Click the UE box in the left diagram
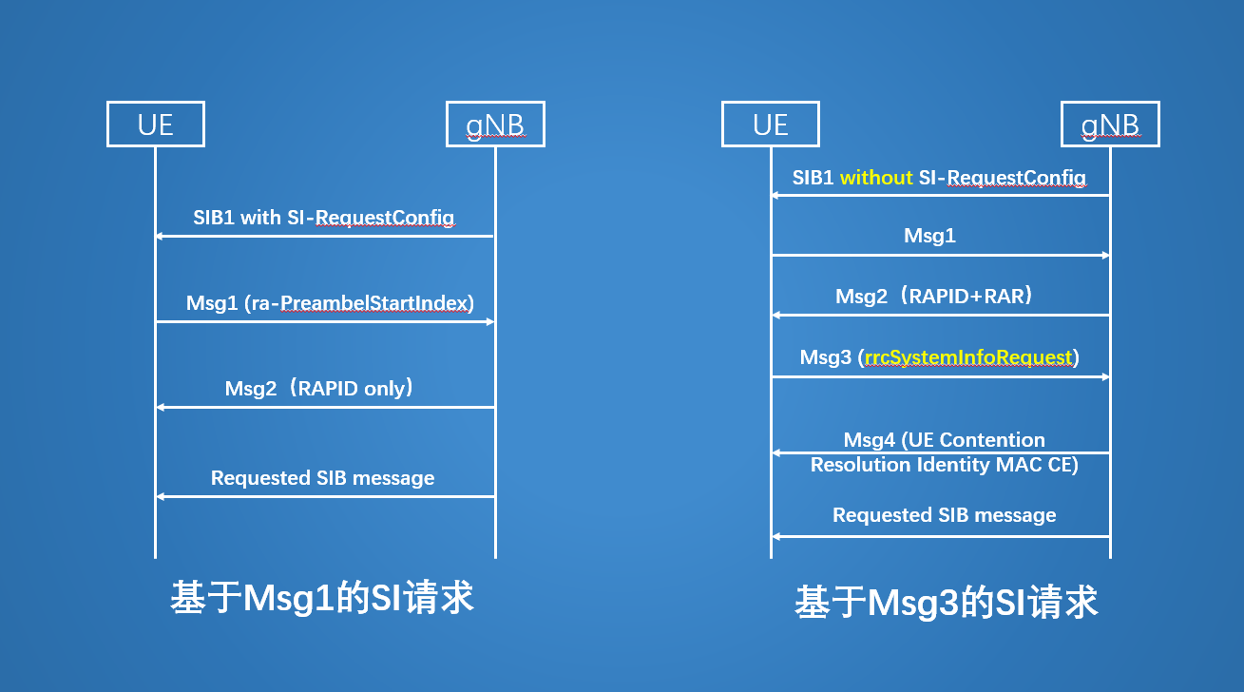[x=156, y=125]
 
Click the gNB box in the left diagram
[x=495, y=125]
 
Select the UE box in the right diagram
[x=770, y=125]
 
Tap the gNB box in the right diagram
[x=1110, y=125]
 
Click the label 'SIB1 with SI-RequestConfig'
[x=323, y=218]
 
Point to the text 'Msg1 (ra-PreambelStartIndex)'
[x=330, y=303]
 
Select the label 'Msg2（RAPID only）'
[x=319, y=388]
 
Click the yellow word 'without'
[x=876, y=178]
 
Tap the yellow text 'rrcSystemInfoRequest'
[x=968, y=357]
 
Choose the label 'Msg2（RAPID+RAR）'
[x=934, y=296]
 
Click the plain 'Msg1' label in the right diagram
[x=929, y=237]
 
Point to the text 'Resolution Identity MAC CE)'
[x=944, y=465]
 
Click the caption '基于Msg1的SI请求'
[x=322, y=598]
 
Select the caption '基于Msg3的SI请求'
[x=946, y=603]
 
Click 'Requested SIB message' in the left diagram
[x=322, y=478]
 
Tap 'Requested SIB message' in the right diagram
[x=944, y=515]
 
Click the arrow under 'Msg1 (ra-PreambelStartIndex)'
[x=325, y=322]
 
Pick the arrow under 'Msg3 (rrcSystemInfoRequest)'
[x=940, y=377]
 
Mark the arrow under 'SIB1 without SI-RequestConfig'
[x=940, y=195]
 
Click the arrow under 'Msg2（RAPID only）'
[x=325, y=407]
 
